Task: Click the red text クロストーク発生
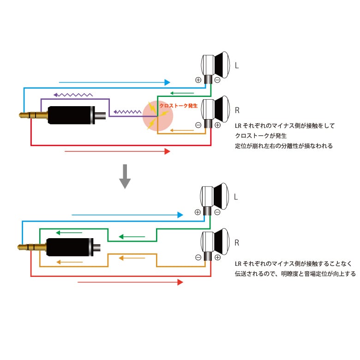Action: click(178, 106)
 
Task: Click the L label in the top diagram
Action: click(237, 66)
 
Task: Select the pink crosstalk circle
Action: click(158, 115)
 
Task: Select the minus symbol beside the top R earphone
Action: click(198, 125)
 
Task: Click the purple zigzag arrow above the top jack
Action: click(73, 95)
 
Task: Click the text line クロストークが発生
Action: click(261, 135)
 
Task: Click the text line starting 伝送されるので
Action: click(295, 273)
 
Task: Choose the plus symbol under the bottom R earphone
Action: click(217, 257)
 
